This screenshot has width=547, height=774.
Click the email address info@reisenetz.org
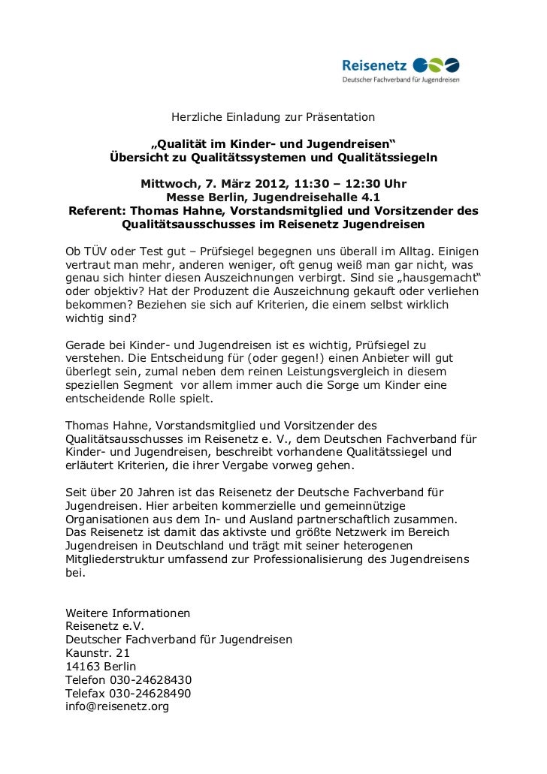pos(117,706)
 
